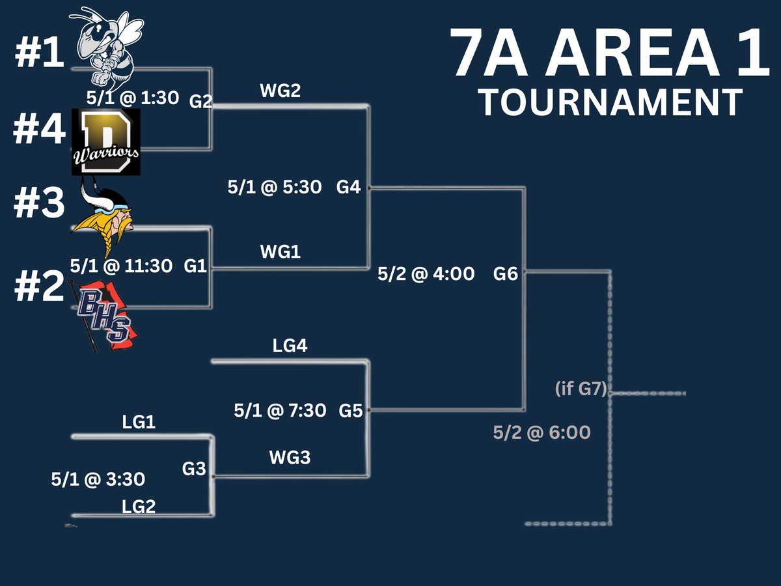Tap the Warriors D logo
tap(105, 141)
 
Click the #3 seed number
tap(39, 204)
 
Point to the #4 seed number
tap(39, 131)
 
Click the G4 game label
tap(348, 187)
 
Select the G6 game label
tap(505, 274)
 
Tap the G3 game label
tap(194, 469)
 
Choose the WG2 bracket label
tap(280, 91)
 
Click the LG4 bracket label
tap(290, 346)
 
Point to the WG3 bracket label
tap(290, 458)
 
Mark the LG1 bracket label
tap(139, 423)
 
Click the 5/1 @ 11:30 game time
tap(121, 266)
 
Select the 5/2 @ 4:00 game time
tap(426, 274)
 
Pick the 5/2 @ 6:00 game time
tap(541, 432)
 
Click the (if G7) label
tap(581, 389)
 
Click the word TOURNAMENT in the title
tap(610, 102)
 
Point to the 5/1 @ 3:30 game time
tap(98, 480)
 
